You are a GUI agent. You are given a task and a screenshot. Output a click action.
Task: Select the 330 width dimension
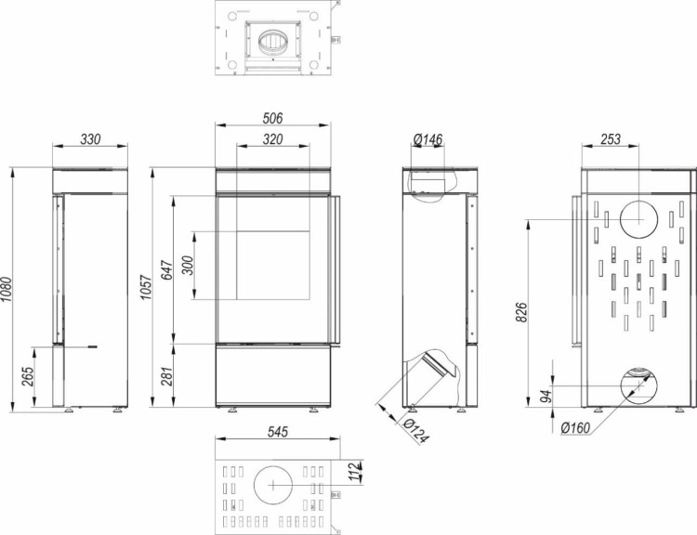click(x=89, y=138)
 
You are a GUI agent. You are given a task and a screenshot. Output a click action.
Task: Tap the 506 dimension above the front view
click(x=272, y=118)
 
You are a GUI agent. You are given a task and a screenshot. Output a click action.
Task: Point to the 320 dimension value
click(x=272, y=138)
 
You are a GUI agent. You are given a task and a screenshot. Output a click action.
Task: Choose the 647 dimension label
click(x=168, y=269)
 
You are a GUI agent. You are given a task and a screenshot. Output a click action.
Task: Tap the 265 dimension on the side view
click(x=30, y=376)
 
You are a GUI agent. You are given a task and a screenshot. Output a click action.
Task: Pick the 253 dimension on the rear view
click(x=611, y=138)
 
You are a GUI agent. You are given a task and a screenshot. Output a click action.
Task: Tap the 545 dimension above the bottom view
click(x=272, y=430)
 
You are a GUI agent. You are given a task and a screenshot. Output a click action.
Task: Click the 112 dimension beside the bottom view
click(x=351, y=473)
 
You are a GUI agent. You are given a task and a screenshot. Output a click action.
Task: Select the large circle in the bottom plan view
click(x=273, y=485)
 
